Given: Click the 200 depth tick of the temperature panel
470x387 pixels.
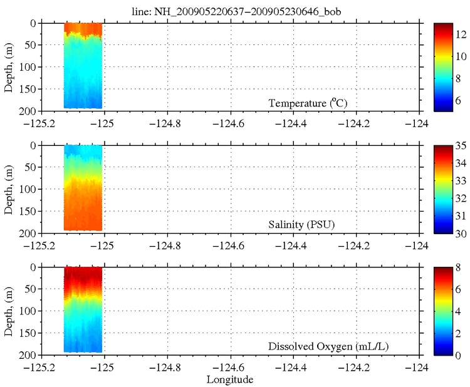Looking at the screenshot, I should coord(28,111).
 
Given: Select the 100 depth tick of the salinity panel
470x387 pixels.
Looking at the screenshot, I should coord(28,189).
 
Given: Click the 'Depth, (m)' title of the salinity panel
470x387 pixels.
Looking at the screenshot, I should coord(10,188).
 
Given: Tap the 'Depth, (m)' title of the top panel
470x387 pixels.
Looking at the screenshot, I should coord(10,66).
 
